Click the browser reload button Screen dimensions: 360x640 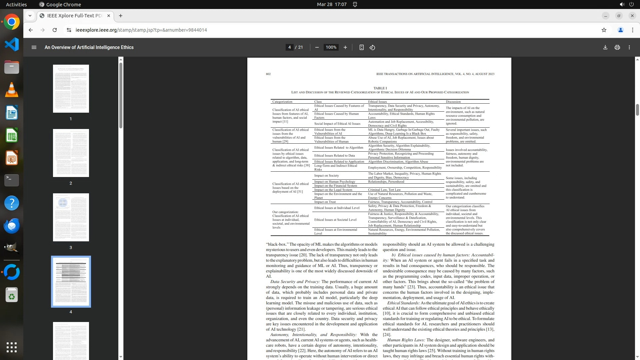55,30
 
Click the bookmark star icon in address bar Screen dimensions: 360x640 604,30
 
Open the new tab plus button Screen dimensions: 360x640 121,16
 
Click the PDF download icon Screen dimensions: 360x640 605,47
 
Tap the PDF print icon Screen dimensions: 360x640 617,47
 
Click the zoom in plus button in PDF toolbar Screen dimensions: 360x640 345,47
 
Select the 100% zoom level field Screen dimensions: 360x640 331,47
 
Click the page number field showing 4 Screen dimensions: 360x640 289,47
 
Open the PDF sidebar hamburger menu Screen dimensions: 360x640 34,47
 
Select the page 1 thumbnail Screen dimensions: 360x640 71,89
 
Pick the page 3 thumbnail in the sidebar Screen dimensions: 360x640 71,217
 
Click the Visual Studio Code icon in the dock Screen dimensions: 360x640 12,44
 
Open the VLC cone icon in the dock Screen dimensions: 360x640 12,90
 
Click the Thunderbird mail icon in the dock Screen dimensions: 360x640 12,226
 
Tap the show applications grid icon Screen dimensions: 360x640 12,347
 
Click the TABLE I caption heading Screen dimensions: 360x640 380,88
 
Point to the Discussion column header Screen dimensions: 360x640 453,102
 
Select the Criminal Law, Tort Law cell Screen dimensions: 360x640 384,190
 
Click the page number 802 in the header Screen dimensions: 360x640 268,74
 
